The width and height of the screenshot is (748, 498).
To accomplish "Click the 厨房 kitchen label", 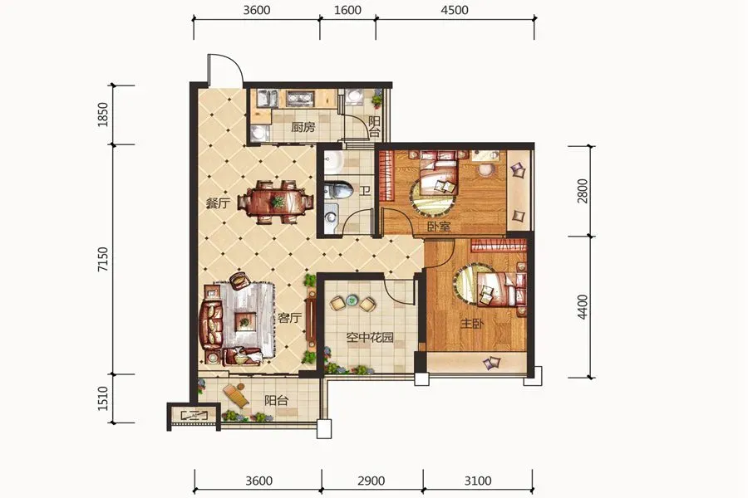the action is pyautogui.click(x=303, y=127).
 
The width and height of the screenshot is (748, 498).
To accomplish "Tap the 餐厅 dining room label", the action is pyautogui.click(x=218, y=203).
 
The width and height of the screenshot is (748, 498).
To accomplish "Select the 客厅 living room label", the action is pyautogui.click(x=290, y=317).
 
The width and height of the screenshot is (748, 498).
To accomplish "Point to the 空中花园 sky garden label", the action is pyautogui.click(x=370, y=338).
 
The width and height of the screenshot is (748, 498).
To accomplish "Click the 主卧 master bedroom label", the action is pyautogui.click(x=472, y=324).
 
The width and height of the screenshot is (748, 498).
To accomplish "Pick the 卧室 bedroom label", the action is pyautogui.click(x=439, y=226).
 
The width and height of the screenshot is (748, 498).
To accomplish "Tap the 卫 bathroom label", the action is pyautogui.click(x=365, y=191).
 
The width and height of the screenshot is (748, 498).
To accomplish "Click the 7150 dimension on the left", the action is pyautogui.click(x=103, y=260).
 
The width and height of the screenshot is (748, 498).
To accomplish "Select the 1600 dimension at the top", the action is pyautogui.click(x=347, y=10).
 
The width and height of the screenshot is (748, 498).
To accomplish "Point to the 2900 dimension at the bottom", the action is pyautogui.click(x=372, y=481).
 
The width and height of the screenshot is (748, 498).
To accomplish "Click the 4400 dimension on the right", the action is pyautogui.click(x=583, y=307).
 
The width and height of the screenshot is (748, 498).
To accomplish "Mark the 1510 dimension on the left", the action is pyautogui.click(x=103, y=398).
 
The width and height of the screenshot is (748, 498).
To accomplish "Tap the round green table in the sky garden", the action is pyautogui.click(x=352, y=300).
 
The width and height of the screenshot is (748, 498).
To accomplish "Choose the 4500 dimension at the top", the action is pyautogui.click(x=455, y=10).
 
